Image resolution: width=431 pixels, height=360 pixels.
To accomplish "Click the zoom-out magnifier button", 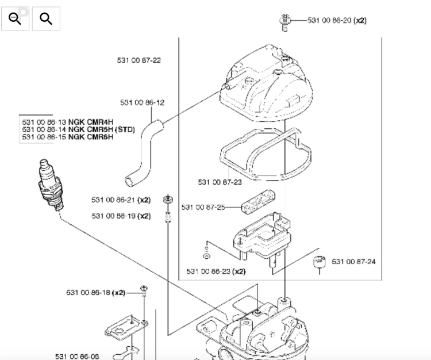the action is tap(15, 19).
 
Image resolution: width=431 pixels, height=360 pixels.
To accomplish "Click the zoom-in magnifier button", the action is tap(46, 19).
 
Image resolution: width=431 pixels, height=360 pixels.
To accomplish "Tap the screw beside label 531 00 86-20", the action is tap(285, 23).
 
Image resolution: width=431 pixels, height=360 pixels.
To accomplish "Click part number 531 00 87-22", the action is tap(139, 60).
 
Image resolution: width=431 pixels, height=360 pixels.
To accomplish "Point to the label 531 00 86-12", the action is tap(142, 102).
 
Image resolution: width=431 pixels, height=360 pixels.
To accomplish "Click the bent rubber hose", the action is tap(144, 153).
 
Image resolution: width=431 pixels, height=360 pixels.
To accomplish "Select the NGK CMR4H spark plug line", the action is tap(68, 122).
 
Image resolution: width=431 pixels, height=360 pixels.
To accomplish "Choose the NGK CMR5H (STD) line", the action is tap(78, 129).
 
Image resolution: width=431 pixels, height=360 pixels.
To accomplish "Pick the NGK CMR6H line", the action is tap(68, 137).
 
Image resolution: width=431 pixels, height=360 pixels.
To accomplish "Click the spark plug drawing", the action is tap(51, 185).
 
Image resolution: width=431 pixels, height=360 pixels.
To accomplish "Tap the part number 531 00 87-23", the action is tap(220, 182).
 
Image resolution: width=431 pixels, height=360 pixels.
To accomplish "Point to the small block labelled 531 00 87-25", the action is tap(258, 202).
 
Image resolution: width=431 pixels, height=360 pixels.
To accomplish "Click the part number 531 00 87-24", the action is tap(353, 261).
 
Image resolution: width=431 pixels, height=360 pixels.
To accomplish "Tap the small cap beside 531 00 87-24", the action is tap(320, 262).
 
